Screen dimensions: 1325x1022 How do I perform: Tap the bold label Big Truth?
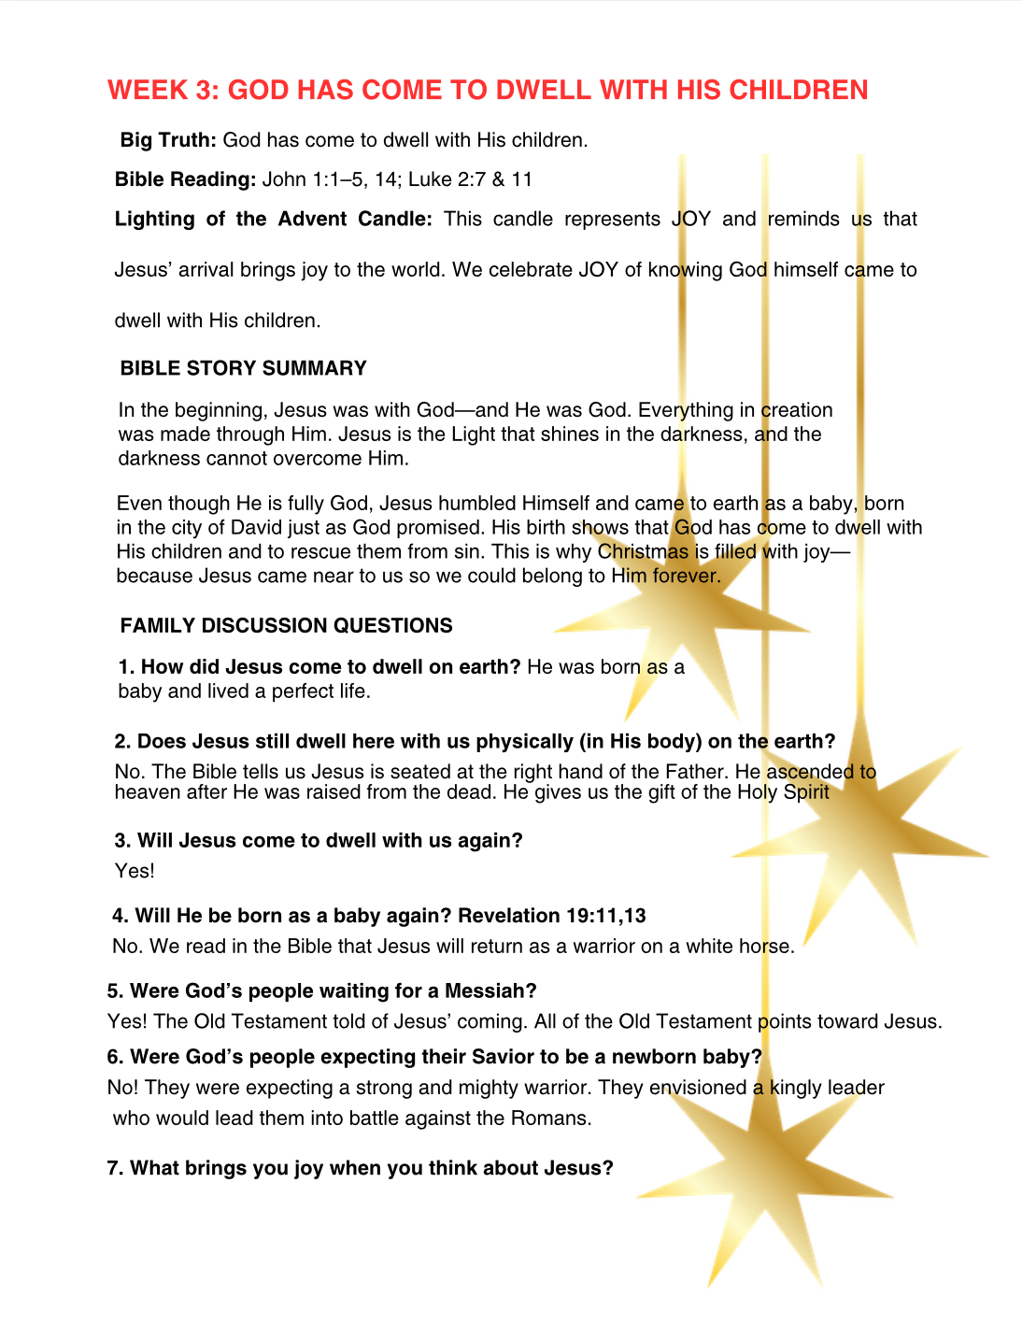pyautogui.click(x=168, y=140)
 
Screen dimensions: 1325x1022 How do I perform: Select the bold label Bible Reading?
pyautogui.click(x=185, y=179)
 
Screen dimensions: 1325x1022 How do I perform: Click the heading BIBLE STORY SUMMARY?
pyautogui.click(x=243, y=368)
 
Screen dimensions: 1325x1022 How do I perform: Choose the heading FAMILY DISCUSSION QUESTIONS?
pyautogui.click(x=286, y=626)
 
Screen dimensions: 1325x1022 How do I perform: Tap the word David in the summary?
pyautogui.click(x=255, y=527)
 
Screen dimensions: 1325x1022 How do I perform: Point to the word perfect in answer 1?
pyautogui.click(x=305, y=691)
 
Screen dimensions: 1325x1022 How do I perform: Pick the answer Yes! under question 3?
pyautogui.click(x=135, y=871)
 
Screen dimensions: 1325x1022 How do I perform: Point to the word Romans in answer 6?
pyautogui.click(x=550, y=1118)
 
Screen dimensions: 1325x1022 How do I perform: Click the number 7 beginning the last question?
pyautogui.click(x=113, y=1168)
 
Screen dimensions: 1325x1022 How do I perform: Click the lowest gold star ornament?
pyautogui.click(x=766, y=1187)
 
